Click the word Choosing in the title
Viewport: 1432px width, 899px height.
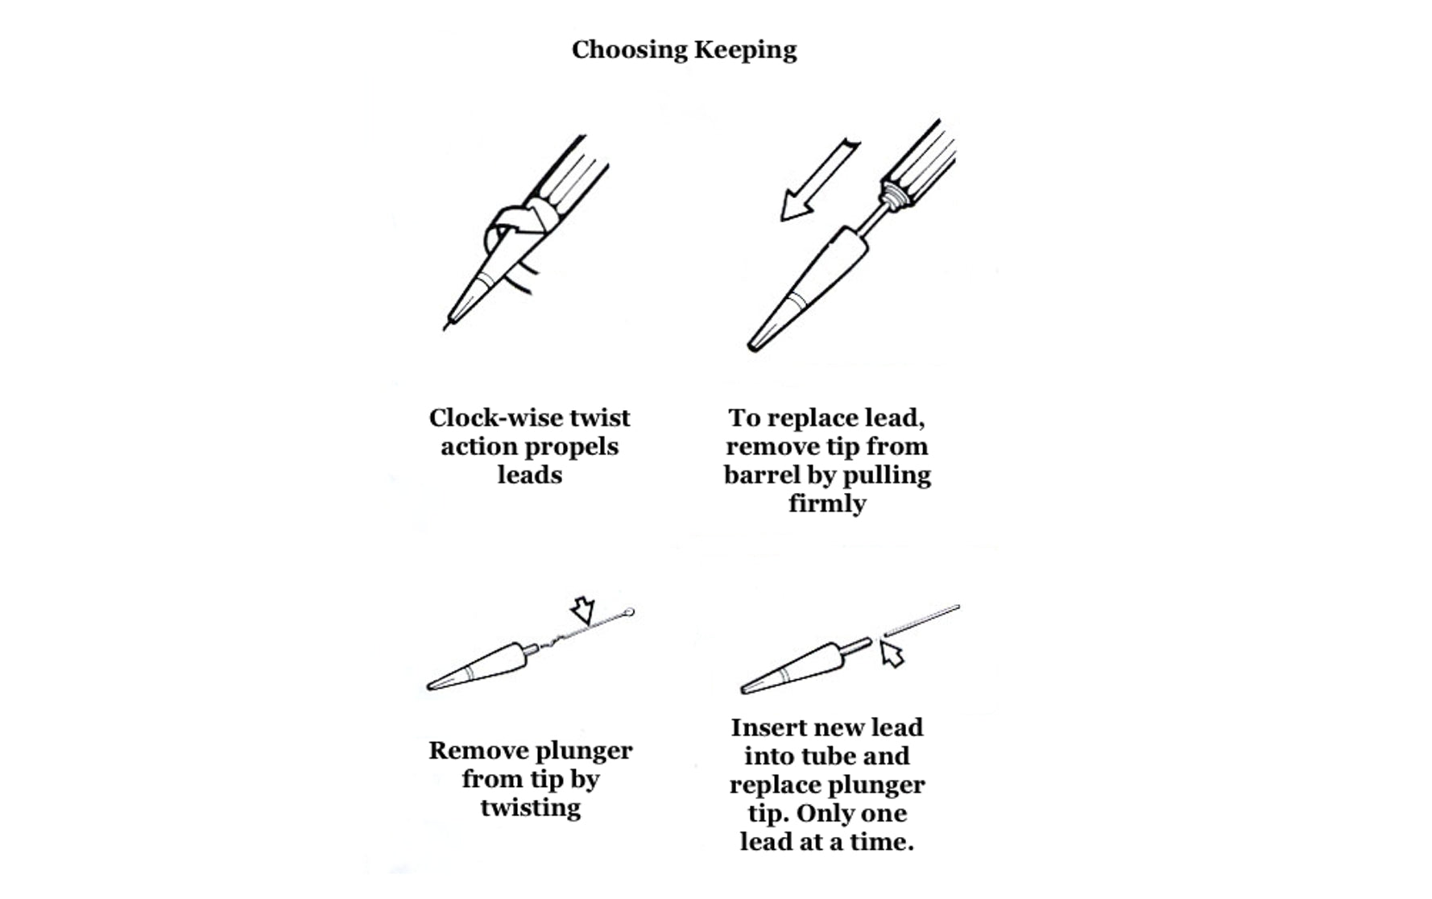click(629, 51)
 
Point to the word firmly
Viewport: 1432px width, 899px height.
click(827, 504)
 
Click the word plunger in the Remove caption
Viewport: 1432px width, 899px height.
click(581, 752)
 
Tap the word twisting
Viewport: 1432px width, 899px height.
click(531, 808)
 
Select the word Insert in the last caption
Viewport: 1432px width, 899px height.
click(770, 727)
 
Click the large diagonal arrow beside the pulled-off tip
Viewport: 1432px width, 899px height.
click(820, 180)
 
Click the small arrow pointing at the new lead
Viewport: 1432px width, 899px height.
click(891, 653)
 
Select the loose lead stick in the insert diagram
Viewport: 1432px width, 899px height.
click(921, 620)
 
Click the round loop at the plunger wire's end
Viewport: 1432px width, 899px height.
click(630, 613)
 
